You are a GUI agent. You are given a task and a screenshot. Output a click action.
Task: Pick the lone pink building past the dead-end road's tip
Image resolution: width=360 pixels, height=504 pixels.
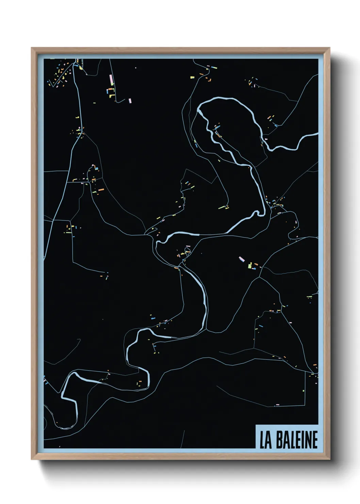coord(130,100)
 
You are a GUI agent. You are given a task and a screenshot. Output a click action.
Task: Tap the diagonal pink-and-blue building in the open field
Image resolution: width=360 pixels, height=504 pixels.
coord(242,259)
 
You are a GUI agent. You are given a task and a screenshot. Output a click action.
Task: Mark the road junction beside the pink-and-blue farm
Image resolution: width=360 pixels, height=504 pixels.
coord(261,268)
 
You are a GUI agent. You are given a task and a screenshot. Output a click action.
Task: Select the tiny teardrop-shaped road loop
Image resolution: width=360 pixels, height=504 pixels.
coord(186,252)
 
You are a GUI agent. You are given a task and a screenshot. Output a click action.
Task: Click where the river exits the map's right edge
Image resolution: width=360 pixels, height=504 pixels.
coord(317,135)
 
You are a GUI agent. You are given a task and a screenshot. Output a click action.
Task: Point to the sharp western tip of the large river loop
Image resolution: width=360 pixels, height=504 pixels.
coord(198,110)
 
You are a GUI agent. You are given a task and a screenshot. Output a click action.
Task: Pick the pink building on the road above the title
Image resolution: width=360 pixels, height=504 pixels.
coord(277,405)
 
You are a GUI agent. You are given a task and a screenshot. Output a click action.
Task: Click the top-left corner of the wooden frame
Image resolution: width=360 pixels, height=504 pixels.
coord(32,48)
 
